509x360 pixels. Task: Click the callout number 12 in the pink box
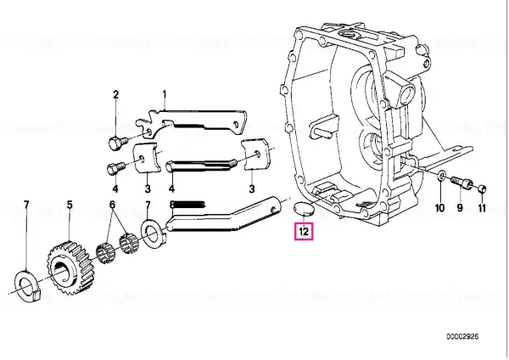pos(304,231)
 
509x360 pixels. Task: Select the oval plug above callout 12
pos(304,209)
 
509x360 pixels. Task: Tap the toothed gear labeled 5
pos(70,267)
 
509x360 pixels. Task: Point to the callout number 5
pos(70,205)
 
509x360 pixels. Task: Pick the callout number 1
pos(165,94)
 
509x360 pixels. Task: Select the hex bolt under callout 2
pos(117,143)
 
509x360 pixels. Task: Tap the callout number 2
pos(116,95)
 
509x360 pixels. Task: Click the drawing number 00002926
pos(462,336)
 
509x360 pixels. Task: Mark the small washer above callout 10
pos(441,176)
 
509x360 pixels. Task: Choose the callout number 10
pos(439,208)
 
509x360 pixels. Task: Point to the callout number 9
pos(460,208)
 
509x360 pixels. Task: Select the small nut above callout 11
pos(483,188)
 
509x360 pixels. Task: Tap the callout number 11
pos(482,208)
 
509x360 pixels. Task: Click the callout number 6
pos(112,205)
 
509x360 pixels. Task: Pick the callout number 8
pos(172,205)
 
